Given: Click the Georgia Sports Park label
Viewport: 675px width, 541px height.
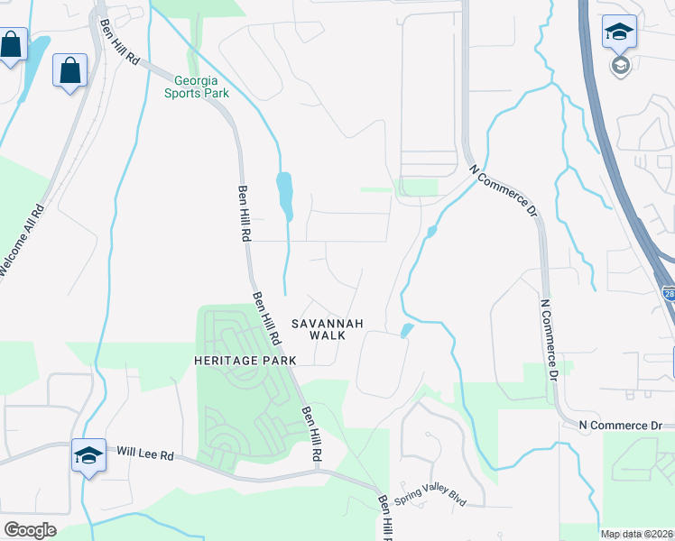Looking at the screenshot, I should [196, 86].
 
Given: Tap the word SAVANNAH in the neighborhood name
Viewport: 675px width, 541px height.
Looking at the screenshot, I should [327, 323].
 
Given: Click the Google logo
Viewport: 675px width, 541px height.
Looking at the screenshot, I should [30, 530].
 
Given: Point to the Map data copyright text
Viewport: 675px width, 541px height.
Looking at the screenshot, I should [637, 534].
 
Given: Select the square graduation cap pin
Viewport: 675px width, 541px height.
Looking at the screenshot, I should [620, 32].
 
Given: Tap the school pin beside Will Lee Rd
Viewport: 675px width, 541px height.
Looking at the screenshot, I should [88, 456].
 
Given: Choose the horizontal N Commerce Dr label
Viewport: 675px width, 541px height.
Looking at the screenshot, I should [621, 425].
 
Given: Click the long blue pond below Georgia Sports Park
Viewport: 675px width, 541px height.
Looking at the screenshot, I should [286, 195].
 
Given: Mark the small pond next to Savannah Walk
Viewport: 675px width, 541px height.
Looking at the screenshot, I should [406, 330].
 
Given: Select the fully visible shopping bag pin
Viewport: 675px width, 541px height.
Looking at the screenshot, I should [69, 70].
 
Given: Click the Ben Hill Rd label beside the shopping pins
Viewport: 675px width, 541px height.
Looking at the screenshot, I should [121, 41].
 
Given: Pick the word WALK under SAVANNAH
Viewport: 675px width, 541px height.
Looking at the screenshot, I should [327, 335].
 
